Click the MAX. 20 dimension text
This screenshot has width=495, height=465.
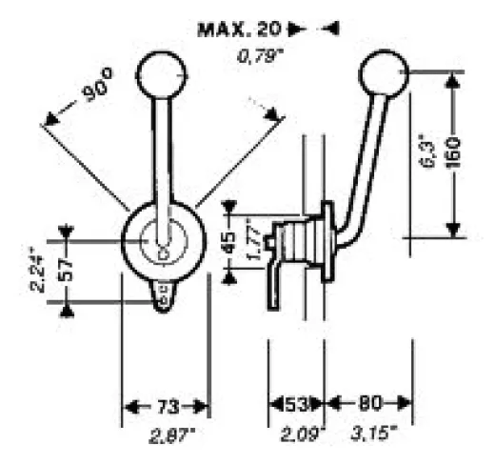point(240,30)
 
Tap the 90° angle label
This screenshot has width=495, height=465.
point(97,85)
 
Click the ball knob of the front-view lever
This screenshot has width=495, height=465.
point(162,74)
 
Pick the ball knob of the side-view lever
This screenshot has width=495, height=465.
point(383,73)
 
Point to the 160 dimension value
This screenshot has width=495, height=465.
point(455,152)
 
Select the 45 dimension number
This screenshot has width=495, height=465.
point(229,242)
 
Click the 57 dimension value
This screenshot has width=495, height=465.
point(66,270)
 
